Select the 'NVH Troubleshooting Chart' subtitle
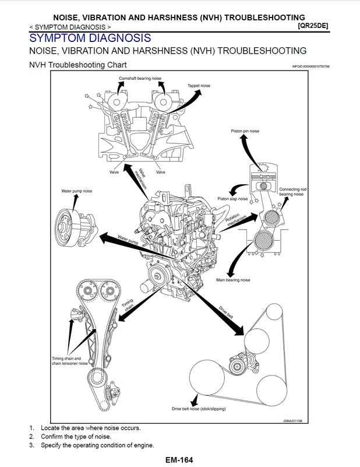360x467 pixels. (77, 65)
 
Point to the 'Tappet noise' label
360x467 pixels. (199, 86)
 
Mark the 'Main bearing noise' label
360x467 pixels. (233, 280)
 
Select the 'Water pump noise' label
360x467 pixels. (77, 191)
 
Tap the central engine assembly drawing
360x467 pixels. (175, 239)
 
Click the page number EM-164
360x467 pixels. (179, 459)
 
